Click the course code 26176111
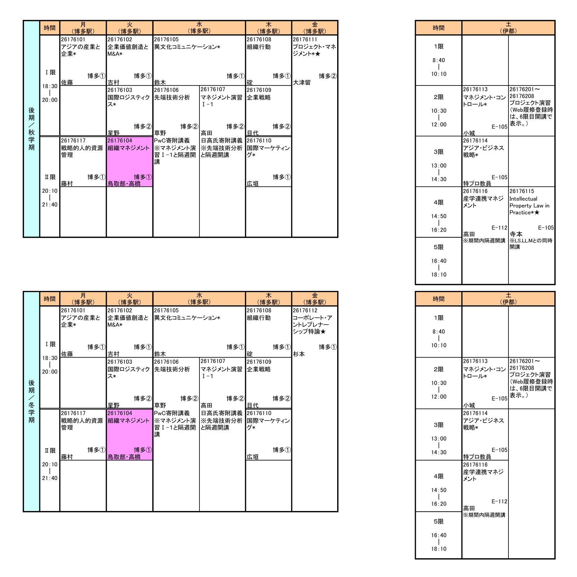[x=305, y=40]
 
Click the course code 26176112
[x=305, y=310]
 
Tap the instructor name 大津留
[x=301, y=83]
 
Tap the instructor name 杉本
[x=299, y=354]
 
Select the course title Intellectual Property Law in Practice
[x=529, y=206]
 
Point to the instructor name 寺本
[x=516, y=234]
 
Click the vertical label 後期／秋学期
[x=31, y=129]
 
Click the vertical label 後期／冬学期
[x=31, y=401]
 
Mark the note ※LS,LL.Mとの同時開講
[x=530, y=244]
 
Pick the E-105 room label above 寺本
[x=546, y=228]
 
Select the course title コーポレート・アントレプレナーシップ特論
[x=312, y=325]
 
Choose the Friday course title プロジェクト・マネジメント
[x=314, y=50]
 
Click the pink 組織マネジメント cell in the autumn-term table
[x=129, y=162]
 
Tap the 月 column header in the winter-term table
[x=83, y=299]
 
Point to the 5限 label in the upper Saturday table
[x=439, y=247]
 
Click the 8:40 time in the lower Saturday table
[x=439, y=332]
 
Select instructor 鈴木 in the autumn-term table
[x=160, y=83]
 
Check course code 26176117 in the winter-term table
[x=73, y=413]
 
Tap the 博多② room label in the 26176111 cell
[x=328, y=76]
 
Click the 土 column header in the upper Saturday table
[x=508, y=28]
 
